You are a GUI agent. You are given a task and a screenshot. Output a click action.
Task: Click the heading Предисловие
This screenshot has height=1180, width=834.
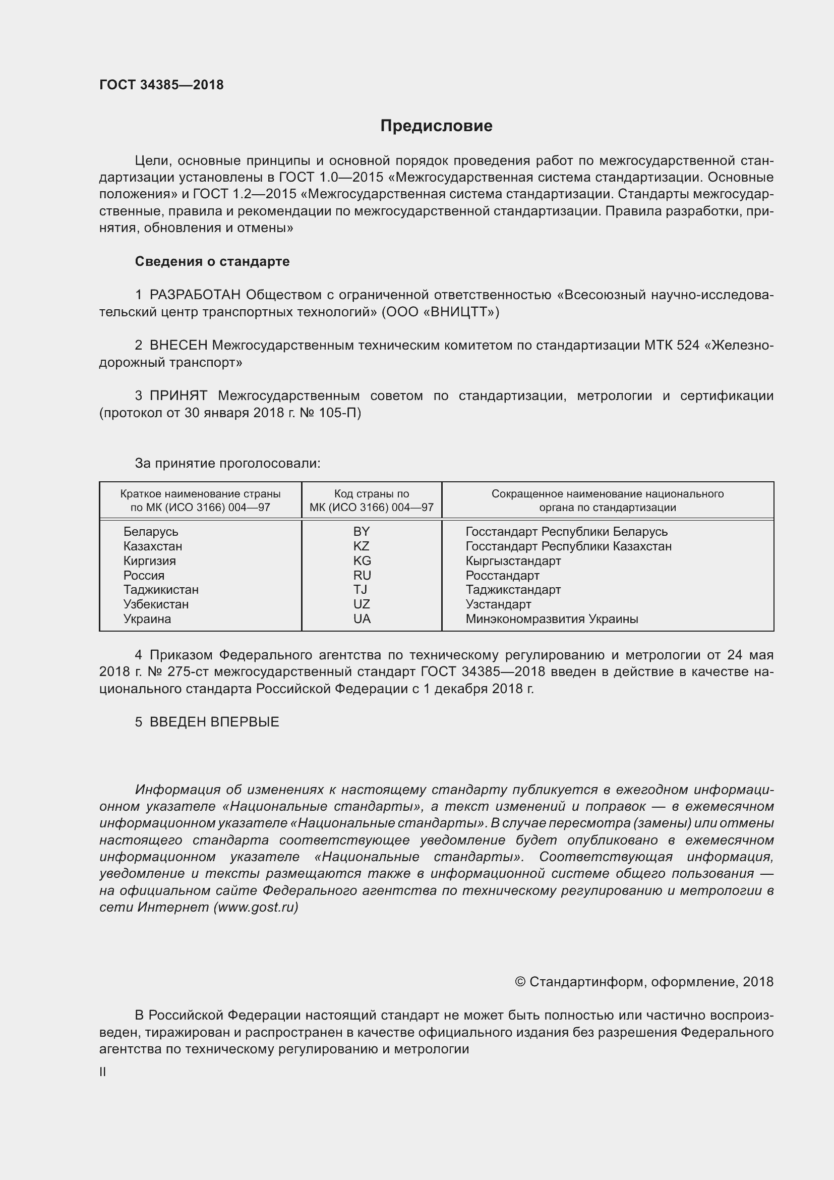tap(436, 126)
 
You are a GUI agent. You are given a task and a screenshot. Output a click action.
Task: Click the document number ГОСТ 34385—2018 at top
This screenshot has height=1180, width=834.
tap(161, 85)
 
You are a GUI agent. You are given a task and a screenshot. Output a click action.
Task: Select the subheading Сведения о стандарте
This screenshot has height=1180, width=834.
tap(212, 262)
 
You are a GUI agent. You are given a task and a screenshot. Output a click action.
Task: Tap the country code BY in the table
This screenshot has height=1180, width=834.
tap(362, 531)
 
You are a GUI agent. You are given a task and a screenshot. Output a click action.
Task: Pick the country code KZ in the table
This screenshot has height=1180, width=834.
tap(362, 546)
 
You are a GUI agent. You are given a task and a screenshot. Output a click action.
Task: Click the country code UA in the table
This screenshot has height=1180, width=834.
tap(362, 619)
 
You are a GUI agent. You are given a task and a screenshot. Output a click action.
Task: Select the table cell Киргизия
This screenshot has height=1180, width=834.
tap(149, 560)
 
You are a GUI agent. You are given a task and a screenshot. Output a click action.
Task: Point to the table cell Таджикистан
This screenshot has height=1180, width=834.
tap(161, 589)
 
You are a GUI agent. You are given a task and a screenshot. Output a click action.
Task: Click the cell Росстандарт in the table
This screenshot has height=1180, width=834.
tap(502, 575)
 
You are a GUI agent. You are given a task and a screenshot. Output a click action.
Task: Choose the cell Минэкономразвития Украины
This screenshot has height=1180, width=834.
tap(552, 619)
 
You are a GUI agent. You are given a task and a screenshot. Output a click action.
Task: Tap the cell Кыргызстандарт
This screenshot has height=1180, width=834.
tap(513, 560)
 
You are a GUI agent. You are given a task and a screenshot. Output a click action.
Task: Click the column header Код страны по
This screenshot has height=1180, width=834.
tap(371, 494)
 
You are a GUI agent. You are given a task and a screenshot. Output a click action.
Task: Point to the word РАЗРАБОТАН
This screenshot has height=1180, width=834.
tap(195, 295)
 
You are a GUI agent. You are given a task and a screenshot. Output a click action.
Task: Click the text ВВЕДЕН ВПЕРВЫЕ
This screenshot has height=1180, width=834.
tap(214, 722)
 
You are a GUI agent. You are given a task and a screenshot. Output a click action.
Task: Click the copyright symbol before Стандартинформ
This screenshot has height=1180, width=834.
tap(520, 982)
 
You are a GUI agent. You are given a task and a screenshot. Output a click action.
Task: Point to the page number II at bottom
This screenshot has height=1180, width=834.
tap(103, 1072)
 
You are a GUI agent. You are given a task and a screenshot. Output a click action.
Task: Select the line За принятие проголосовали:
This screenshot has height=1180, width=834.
tap(227, 464)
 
